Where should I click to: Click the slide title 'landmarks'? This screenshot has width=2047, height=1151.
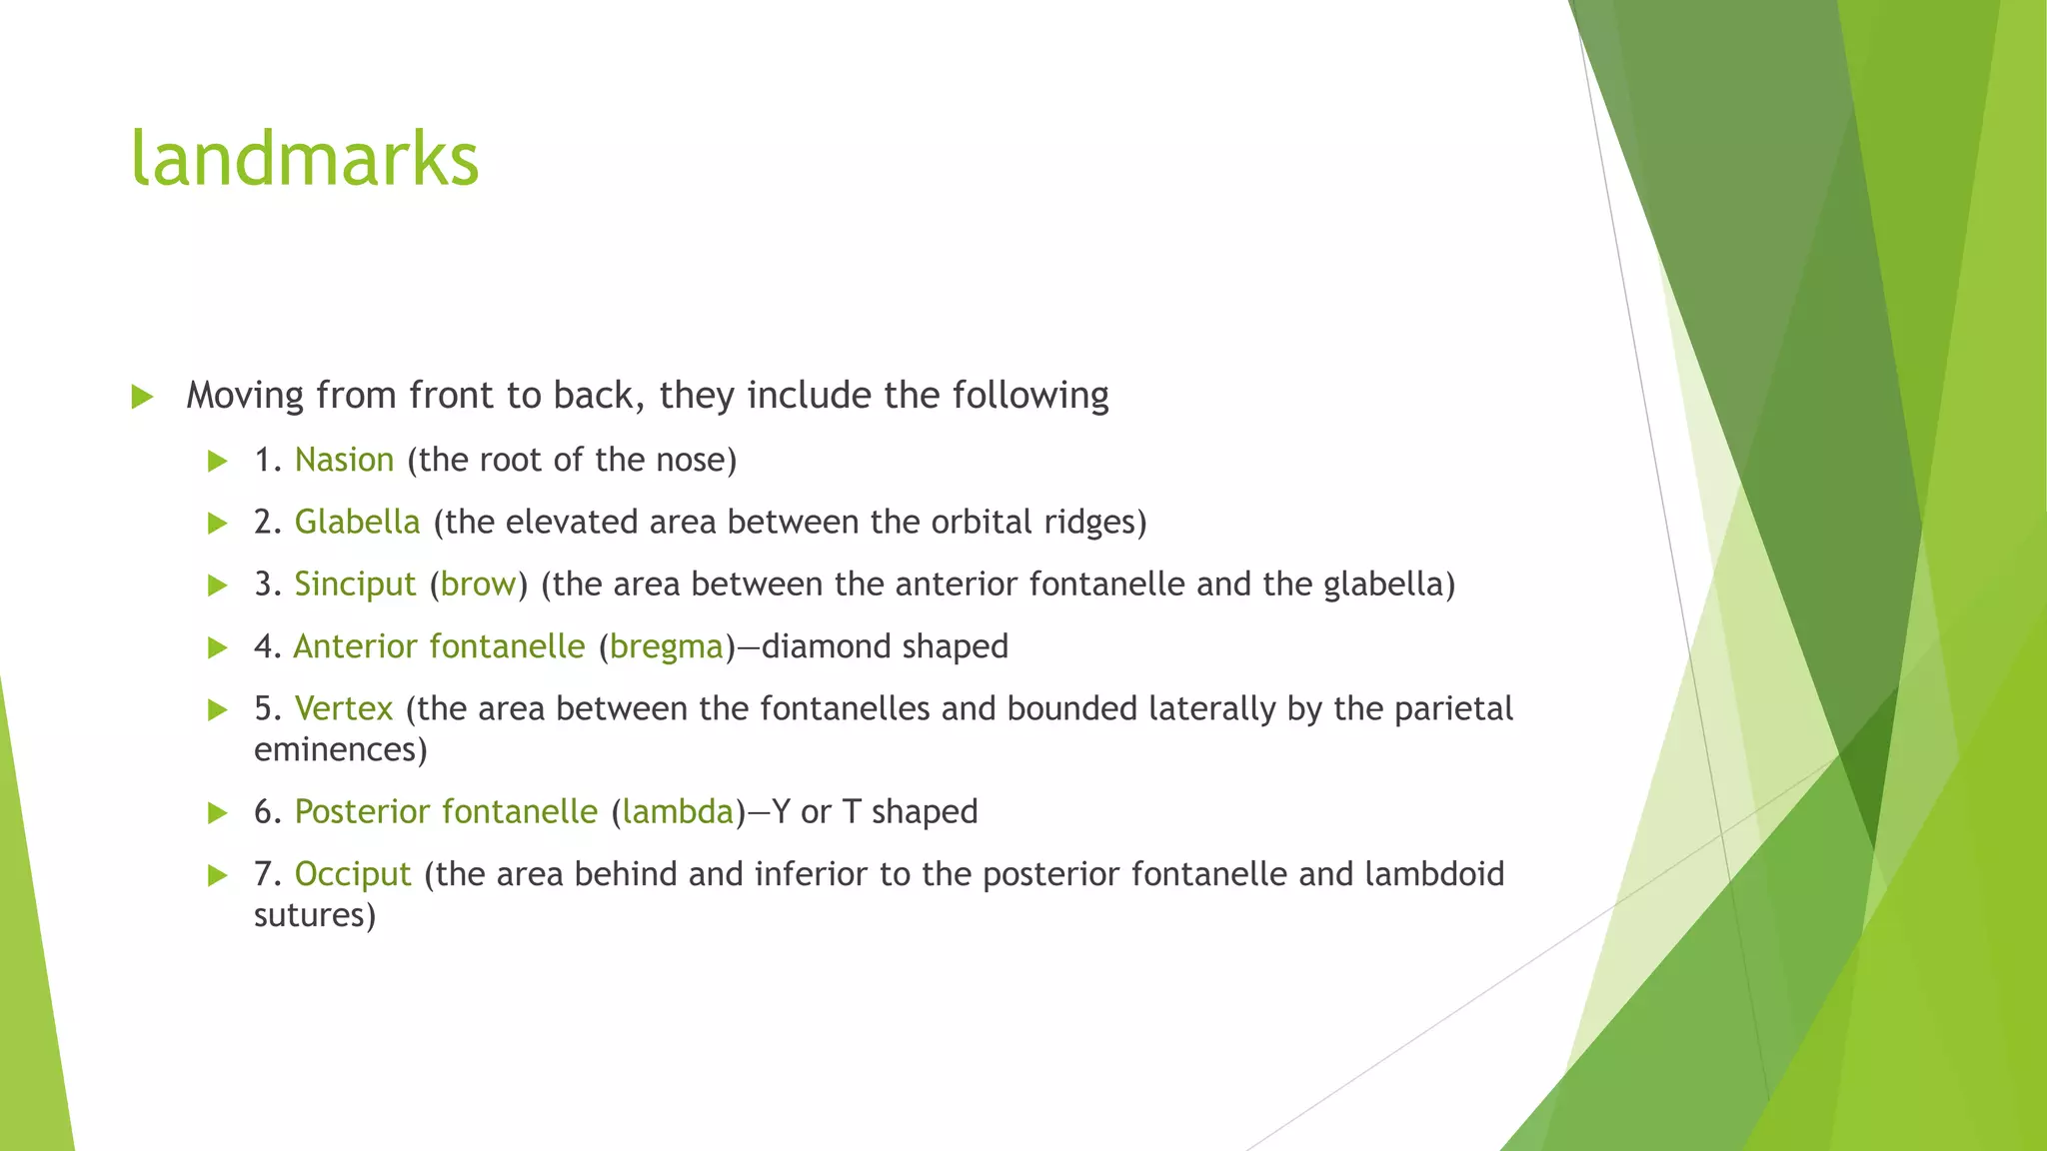pyautogui.click(x=305, y=159)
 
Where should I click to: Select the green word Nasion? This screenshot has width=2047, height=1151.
pyautogui.click(x=344, y=460)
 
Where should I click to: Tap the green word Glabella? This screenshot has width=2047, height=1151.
pyautogui.click(x=357, y=522)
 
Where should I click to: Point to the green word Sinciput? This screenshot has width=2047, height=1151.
pyautogui.click(x=355, y=584)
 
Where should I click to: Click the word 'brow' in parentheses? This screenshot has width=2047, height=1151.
pyautogui.click(x=478, y=584)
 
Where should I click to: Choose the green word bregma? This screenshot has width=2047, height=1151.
pyautogui.click(x=666, y=647)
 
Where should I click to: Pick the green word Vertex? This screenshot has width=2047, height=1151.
pyautogui.click(x=344, y=708)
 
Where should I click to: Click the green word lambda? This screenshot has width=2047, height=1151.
pyautogui.click(x=678, y=811)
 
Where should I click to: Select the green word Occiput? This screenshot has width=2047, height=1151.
pyautogui.click(x=353, y=874)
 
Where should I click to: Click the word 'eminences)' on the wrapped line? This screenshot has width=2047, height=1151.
pyautogui.click(x=340, y=749)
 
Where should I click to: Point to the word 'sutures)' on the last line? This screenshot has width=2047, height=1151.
pyautogui.click(x=314, y=915)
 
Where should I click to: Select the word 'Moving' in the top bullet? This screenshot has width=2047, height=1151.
pyautogui.click(x=245, y=396)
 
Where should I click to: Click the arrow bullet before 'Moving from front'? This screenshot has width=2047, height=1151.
pyautogui.click(x=142, y=398)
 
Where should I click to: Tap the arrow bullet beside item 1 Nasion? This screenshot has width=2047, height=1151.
pyautogui.click(x=217, y=462)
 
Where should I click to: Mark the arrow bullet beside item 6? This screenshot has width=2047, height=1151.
pyautogui.click(x=217, y=813)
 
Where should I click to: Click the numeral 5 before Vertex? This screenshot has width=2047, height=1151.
pyautogui.click(x=263, y=708)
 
